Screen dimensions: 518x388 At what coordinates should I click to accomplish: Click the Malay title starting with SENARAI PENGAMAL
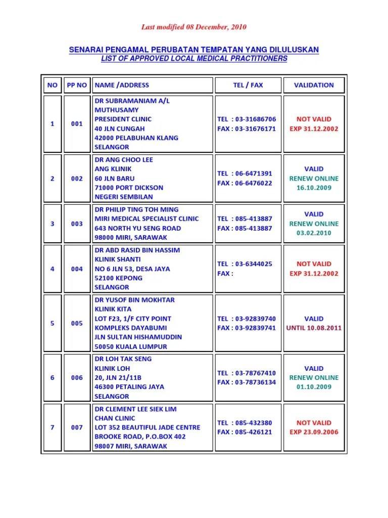(193, 50)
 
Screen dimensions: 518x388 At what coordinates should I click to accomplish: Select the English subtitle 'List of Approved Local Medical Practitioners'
(194, 59)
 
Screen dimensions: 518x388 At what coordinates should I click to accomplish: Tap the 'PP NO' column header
(77, 85)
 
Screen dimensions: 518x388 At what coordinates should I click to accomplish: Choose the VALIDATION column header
(314, 85)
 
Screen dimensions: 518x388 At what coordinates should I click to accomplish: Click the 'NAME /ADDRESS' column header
(122, 85)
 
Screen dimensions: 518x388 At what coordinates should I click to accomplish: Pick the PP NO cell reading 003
(77, 224)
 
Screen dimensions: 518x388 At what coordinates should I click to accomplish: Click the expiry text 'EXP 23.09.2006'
(314, 433)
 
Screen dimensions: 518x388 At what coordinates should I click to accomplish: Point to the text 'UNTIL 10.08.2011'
(314, 328)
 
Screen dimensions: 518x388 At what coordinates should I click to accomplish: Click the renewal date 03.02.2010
(314, 233)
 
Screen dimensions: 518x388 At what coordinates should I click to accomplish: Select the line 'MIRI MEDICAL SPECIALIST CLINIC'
(147, 219)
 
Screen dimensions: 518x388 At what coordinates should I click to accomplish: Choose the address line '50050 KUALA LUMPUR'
(131, 347)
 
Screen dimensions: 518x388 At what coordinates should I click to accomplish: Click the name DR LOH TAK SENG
(123, 359)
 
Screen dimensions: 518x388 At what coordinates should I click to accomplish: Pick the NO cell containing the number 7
(53, 427)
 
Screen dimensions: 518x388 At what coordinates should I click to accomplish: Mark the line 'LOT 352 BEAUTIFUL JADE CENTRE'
(148, 427)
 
